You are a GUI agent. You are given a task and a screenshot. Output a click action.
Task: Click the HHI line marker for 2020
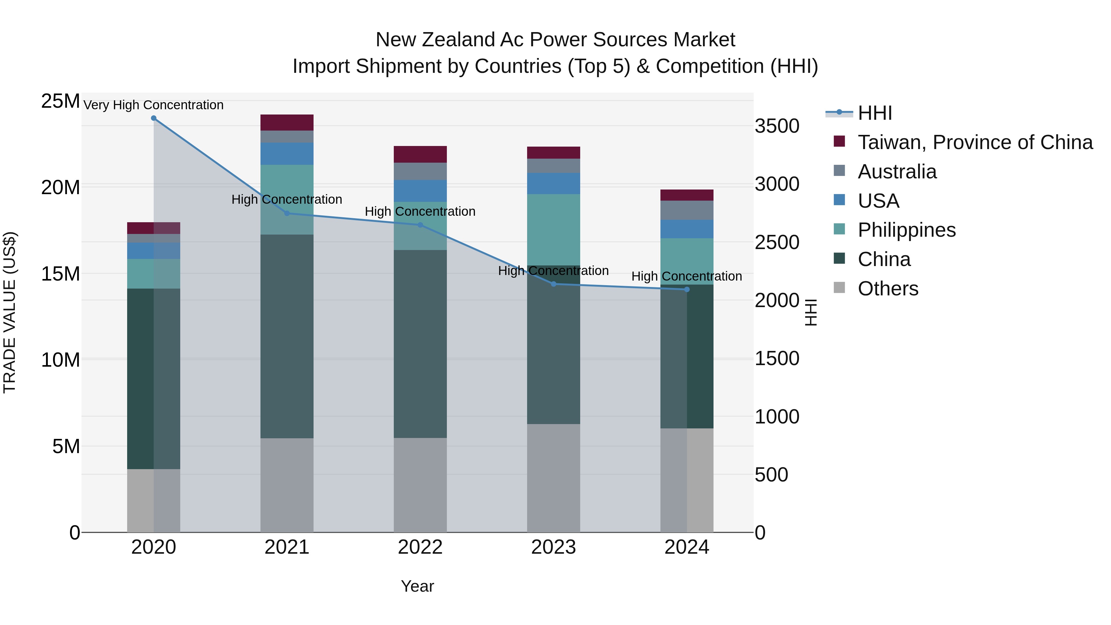(x=154, y=118)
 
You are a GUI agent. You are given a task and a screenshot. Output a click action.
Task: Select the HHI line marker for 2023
(x=554, y=284)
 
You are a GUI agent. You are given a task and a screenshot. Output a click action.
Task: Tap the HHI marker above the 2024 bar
(x=687, y=290)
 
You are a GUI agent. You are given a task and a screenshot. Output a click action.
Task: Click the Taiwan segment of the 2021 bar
(x=287, y=123)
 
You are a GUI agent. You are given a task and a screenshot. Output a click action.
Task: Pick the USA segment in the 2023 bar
(x=553, y=183)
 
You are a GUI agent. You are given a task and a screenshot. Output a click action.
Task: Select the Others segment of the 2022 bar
(x=420, y=485)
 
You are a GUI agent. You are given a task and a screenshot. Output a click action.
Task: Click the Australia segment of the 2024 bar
(x=687, y=210)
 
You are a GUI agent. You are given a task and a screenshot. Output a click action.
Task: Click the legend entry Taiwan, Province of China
(x=975, y=142)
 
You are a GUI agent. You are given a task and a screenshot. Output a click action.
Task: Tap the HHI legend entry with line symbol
(x=874, y=113)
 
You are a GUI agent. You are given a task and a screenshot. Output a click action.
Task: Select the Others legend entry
(x=888, y=289)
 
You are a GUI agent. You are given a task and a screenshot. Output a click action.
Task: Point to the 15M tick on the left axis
(x=60, y=274)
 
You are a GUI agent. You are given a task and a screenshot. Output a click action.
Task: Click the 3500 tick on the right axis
(x=777, y=126)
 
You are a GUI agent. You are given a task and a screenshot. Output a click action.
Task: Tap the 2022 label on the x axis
(x=420, y=547)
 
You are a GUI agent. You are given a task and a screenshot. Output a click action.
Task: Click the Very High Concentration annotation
(x=154, y=105)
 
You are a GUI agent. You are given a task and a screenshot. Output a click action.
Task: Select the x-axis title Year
(x=417, y=586)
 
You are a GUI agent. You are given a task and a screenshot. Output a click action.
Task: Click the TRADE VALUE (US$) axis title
(x=10, y=312)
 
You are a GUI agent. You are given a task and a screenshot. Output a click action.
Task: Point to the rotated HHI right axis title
(x=811, y=312)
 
